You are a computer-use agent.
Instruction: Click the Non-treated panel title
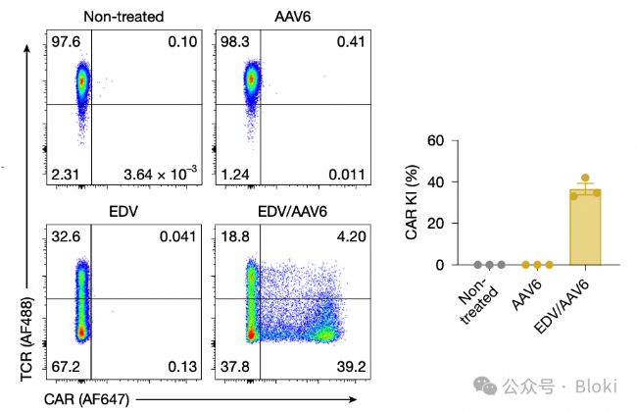(123, 16)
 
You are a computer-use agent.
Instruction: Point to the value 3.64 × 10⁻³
(161, 174)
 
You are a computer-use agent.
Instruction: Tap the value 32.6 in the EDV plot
(66, 235)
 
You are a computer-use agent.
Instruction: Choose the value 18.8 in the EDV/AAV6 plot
(235, 235)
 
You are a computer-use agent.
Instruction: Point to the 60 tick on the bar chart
(436, 141)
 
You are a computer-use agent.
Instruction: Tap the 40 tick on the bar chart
(436, 182)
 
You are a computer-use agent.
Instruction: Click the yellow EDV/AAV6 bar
(586, 231)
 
